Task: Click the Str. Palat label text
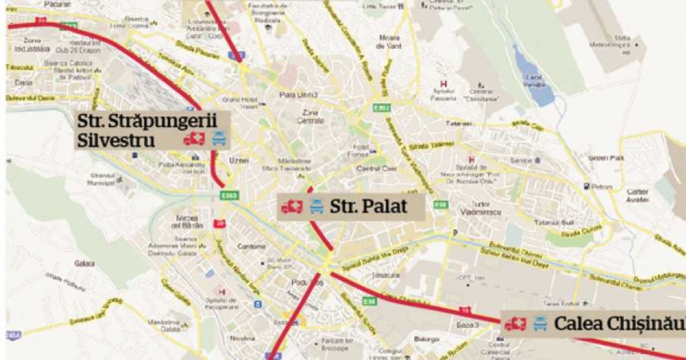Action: tap(368, 206)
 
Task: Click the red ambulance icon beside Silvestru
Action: tap(194, 139)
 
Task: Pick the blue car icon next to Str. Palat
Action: tap(316, 207)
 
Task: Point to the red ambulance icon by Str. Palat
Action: tap(292, 207)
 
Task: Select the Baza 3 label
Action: tap(469, 325)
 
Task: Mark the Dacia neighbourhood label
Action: tap(24, 82)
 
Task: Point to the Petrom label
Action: tap(602, 186)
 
